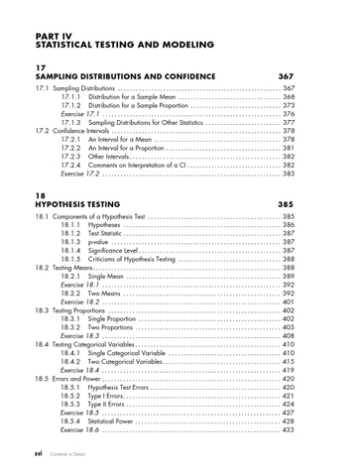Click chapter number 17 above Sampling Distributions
coord(41,66)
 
